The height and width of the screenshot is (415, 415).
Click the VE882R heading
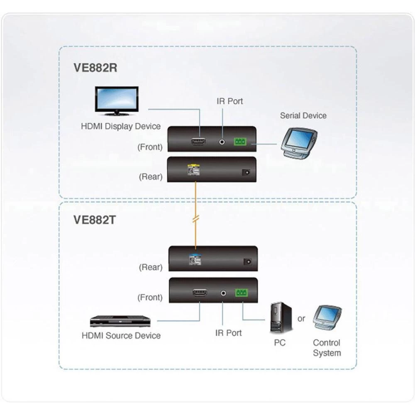[x=95, y=68]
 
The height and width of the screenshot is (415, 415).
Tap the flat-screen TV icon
[x=116, y=100]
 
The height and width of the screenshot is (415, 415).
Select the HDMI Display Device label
[x=120, y=126]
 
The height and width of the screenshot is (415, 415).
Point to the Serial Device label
[x=303, y=116]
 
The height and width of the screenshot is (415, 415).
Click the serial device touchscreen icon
[x=299, y=144]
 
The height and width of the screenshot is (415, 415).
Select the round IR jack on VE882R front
[x=223, y=142]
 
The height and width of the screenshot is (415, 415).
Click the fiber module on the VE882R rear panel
[x=193, y=170]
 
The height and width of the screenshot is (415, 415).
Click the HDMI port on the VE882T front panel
[x=200, y=293]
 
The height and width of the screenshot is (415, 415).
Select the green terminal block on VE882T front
[x=241, y=293]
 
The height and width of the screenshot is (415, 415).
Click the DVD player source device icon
[x=120, y=321]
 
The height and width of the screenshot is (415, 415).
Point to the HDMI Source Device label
[x=121, y=335]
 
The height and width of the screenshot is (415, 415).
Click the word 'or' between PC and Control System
[x=301, y=319]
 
